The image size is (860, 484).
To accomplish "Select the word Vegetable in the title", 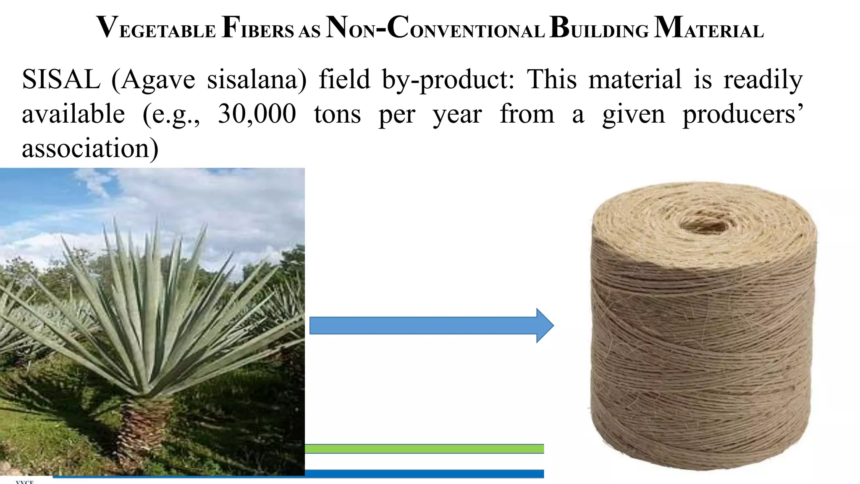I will click(x=156, y=28).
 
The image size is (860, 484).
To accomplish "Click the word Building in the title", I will click(x=599, y=28).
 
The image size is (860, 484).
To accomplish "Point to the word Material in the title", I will click(x=708, y=28).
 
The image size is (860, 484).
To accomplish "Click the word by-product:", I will click(x=448, y=80).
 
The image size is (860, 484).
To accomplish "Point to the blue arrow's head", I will click(x=545, y=326).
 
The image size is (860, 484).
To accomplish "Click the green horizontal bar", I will click(x=424, y=449).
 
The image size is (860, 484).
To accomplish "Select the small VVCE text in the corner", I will click(x=24, y=481).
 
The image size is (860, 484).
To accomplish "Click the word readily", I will click(x=763, y=80).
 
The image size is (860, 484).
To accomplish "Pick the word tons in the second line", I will click(x=337, y=114).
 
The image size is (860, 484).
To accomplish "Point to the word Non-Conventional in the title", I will click(x=435, y=28).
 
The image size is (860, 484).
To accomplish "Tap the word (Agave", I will click(x=154, y=80).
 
